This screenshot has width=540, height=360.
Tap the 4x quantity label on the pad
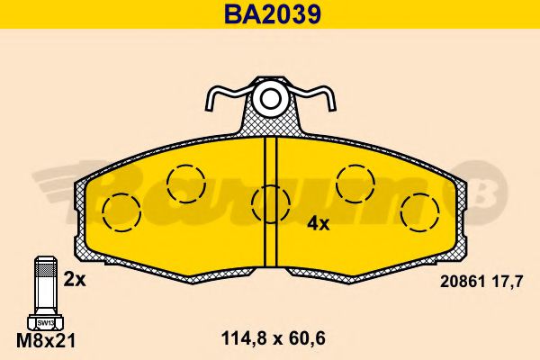pyautogui.click(x=318, y=223)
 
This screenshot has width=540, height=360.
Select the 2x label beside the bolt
pyautogui.click(x=74, y=279)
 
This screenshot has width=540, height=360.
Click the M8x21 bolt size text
pyautogui.click(x=45, y=339)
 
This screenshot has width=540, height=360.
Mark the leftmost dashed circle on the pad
pyautogui.click(x=121, y=211)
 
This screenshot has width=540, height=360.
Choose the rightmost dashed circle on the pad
pyautogui.click(x=418, y=211)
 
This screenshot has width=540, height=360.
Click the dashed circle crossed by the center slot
pyautogui.click(x=269, y=203)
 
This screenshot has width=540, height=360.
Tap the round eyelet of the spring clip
pyautogui.click(x=268, y=97)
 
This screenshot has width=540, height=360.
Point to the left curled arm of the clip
pyautogui.click(x=220, y=99)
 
